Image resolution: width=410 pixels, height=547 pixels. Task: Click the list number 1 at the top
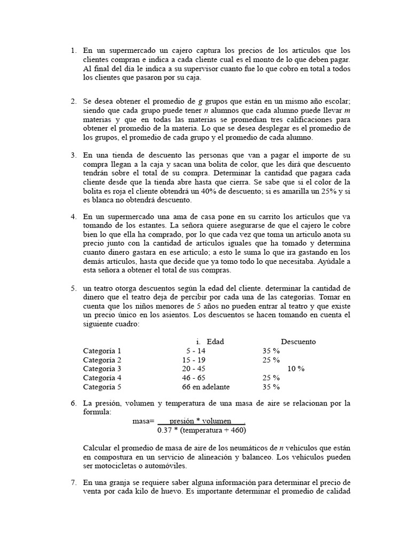pyautogui.click(x=73, y=51)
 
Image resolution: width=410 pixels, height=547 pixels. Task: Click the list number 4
pyautogui.click(x=73, y=217)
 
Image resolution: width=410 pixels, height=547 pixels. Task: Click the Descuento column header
pyautogui.click(x=298, y=342)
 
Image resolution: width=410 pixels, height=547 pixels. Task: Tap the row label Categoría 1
pyautogui.click(x=102, y=351)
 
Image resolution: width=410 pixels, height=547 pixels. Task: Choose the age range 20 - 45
pyautogui.click(x=193, y=369)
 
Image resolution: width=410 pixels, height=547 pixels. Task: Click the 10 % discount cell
pyautogui.click(x=296, y=369)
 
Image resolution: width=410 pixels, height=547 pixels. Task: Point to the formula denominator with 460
pyautogui.click(x=202, y=430)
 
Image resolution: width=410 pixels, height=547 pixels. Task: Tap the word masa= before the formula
pyautogui.click(x=143, y=421)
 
